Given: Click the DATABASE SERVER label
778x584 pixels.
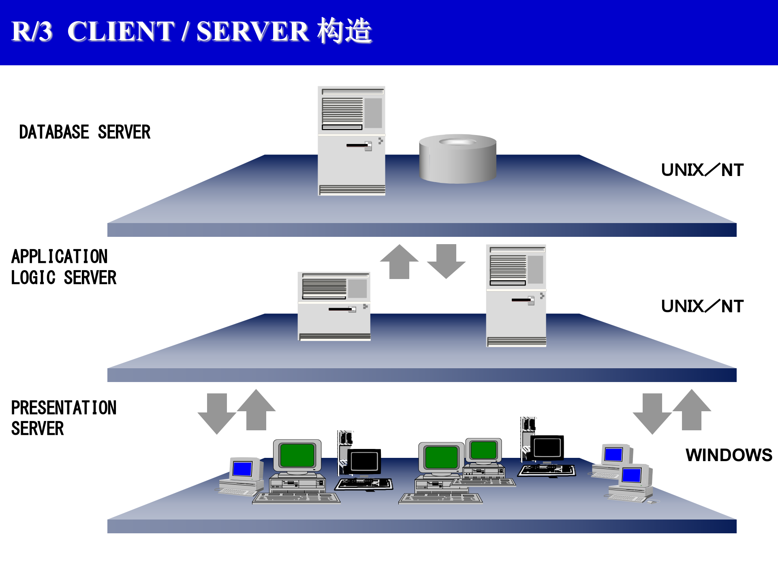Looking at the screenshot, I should pos(85,132).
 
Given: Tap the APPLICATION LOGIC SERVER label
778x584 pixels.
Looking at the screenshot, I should pos(64,267).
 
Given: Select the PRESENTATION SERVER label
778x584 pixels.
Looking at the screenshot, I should pos(64,418).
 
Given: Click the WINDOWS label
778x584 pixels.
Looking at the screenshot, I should pos(728,455).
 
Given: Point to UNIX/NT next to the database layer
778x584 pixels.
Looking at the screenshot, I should pos(702,170).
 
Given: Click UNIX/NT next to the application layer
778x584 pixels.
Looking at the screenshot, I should pos(702,306).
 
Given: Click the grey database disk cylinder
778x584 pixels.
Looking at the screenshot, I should pos(457,159).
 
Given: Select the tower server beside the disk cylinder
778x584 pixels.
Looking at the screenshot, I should pos(351,141).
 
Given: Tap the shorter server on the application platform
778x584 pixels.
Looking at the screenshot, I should pos(334,306).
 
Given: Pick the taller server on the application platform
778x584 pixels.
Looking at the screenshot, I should pos(516,296).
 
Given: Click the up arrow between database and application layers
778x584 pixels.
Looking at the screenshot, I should pos(399,262).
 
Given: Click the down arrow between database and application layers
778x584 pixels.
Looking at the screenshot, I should pos(446,262).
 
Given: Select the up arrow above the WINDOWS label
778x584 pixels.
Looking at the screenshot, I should pos(691,410).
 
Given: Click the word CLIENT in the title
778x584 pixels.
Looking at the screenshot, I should pos(121,31).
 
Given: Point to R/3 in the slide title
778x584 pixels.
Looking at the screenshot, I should pos(32,31).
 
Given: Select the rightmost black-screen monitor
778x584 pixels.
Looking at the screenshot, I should pos(547,448).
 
